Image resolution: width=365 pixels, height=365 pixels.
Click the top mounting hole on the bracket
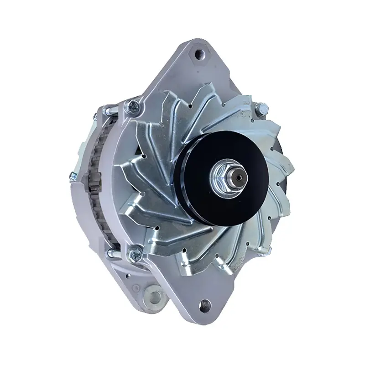(x=199, y=54)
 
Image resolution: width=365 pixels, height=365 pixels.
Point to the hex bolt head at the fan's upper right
(x=262, y=108)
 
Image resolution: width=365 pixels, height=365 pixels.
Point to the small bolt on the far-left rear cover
(x=73, y=175)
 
